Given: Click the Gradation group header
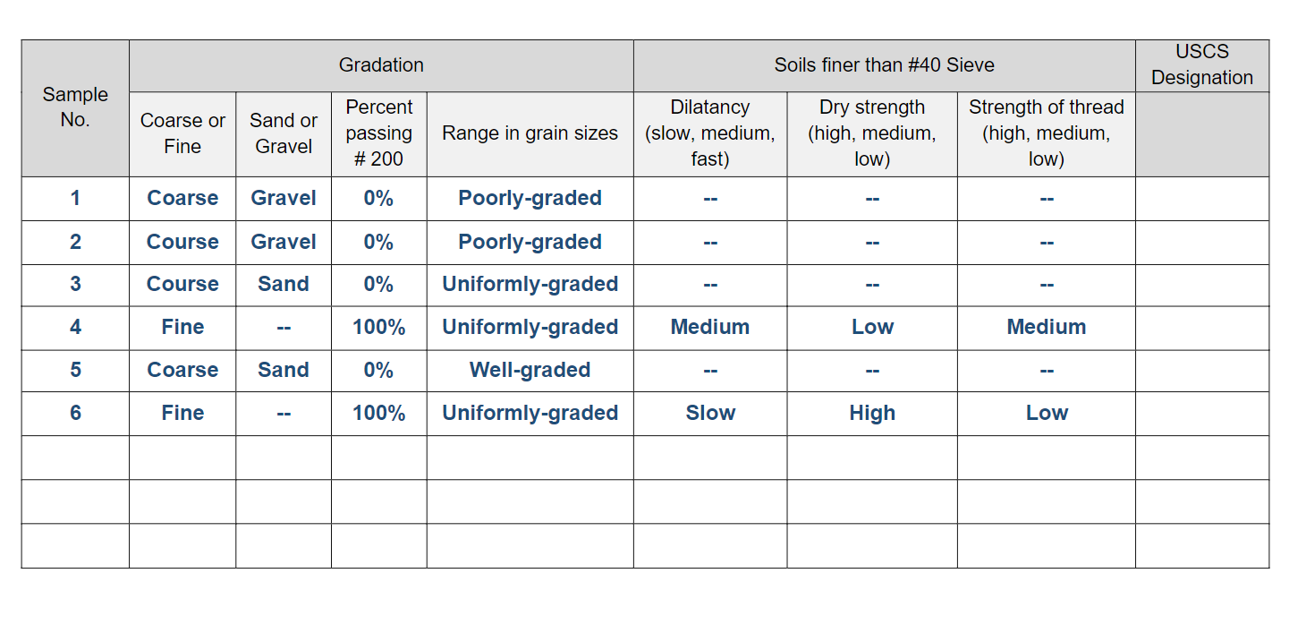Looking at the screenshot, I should (381, 65).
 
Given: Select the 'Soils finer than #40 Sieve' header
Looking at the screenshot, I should (884, 65).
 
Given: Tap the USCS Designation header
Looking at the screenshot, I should (1201, 65).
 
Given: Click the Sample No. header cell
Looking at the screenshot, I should (75, 107).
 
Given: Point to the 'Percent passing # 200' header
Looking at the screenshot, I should (378, 133).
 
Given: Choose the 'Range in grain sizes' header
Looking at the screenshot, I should (530, 133).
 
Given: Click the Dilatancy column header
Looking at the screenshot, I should (710, 133).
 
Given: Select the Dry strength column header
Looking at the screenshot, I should (872, 133).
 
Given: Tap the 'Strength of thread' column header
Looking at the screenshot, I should (1046, 133).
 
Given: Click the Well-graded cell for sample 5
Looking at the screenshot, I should (530, 370).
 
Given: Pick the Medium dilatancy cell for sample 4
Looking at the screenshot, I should (710, 327).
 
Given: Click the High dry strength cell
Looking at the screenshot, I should (872, 413).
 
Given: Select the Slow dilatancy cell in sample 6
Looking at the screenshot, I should (710, 413).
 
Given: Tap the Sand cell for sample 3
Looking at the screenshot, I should (284, 284).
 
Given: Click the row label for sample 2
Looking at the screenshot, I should (75, 242).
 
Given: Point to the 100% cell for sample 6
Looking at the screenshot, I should (378, 413).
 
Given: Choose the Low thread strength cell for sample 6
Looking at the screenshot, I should (1047, 413).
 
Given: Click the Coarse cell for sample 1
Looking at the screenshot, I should (182, 198).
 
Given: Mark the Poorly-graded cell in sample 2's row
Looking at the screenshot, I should (530, 242).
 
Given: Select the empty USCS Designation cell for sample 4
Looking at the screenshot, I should (1201, 327).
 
